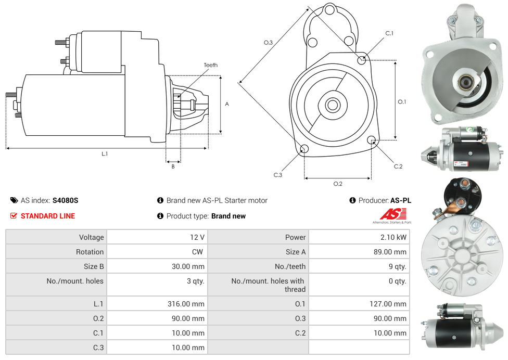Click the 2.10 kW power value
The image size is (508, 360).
pyautogui.click(x=395, y=237)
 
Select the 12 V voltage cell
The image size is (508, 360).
pyautogui.click(x=197, y=237)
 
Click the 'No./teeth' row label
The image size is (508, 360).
pyautogui.click(x=290, y=266)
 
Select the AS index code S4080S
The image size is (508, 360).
pyautogui.click(x=66, y=200)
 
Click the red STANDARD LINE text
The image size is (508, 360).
pyautogui.click(x=48, y=216)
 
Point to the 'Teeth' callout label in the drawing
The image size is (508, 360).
pyautogui.click(x=211, y=65)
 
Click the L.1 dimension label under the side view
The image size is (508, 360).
pyautogui.click(x=105, y=154)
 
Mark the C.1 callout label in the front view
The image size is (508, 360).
pyautogui.click(x=389, y=33)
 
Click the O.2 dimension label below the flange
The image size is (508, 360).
pyautogui.click(x=338, y=184)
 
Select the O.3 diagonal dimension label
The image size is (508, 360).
pyautogui.click(x=268, y=43)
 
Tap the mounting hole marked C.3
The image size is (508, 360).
pyautogui.click(x=304, y=150)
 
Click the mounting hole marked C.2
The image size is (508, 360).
pyautogui.click(x=372, y=140)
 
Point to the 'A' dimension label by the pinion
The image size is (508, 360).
pyautogui.click(x=227, y=104)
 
